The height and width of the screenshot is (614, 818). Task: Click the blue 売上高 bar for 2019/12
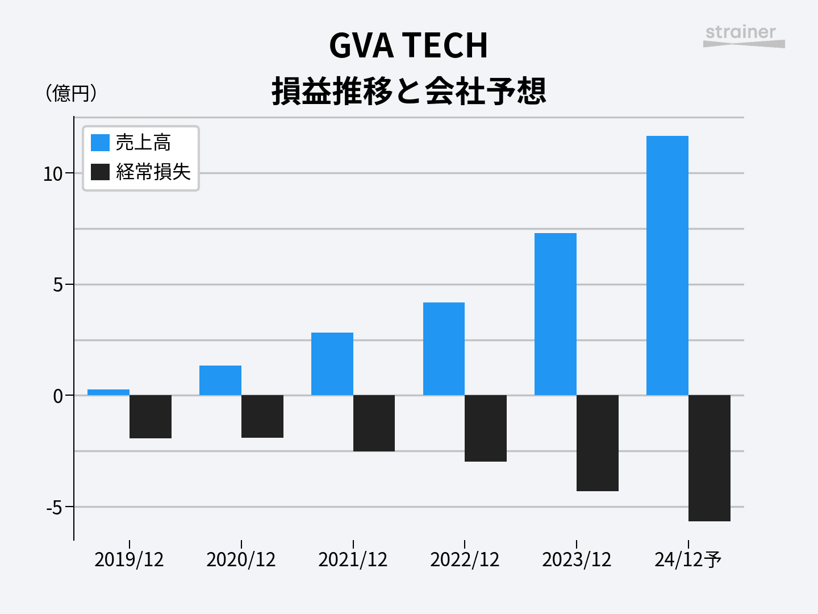[108, 392]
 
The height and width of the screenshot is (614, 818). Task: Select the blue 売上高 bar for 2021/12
[332, 364]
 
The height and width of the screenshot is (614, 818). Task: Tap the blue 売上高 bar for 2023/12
[556, 314]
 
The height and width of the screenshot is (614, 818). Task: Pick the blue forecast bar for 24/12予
[667, 265]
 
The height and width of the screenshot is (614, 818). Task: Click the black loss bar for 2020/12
[262, 416]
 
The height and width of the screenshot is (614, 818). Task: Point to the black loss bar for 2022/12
[486, 428]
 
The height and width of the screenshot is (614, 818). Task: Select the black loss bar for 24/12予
[710, 458]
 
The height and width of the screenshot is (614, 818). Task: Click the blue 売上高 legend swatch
[100, 143]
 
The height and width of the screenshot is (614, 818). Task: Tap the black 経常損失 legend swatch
[100, 172]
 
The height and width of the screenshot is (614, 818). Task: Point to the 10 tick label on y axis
[53, 174]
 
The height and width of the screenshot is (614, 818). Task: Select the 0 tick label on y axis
[58, 396]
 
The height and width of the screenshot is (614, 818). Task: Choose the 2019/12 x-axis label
[129, 560]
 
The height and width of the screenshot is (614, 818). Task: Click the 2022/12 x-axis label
[465, 560]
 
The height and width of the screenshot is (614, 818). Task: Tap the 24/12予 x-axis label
[688, 560]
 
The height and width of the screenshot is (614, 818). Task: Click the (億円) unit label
[71, 93]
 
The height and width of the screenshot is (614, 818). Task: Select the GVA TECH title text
[408, 45]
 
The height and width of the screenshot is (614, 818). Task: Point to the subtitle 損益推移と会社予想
[409, 91]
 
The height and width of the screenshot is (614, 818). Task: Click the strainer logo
[743, 36]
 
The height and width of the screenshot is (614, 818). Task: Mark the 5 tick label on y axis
[58, 285]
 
